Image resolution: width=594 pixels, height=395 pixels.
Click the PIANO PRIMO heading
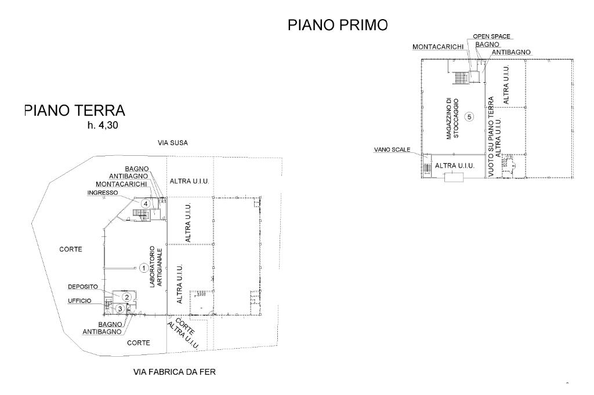[x=338, y=25]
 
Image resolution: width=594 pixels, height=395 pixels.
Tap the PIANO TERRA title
[x=75, y=110]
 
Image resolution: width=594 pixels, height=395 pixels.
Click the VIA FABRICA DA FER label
[x=175, y=372]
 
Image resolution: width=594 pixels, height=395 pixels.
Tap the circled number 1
[x=143, y=268]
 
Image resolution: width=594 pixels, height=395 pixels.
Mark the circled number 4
[x=146, y=203]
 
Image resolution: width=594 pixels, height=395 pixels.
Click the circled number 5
[x=470, y=116]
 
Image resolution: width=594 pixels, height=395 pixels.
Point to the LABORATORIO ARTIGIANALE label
[x=155, y=267]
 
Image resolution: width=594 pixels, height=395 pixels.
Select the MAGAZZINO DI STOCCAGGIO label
[x=452, y=118]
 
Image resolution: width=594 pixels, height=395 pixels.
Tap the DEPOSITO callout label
[x=81, y=287]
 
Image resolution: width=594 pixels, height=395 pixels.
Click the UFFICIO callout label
[x=79, y=300]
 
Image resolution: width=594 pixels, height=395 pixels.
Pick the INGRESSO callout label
[x=103, y=192]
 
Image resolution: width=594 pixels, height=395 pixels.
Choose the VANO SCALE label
[x=392, y=149]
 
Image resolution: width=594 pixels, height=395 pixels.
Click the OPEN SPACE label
[x=491, y=36]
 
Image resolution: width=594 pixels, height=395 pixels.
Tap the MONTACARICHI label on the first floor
[x=437, y=47]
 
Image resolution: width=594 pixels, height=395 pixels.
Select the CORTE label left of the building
[x=71, y=250]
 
